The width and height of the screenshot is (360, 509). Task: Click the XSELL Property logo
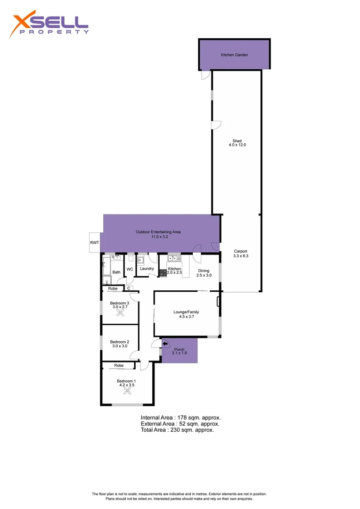pyautogui.click(x=50, y=24)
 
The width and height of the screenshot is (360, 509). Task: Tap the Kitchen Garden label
pyautogui.click(x=234, y=55)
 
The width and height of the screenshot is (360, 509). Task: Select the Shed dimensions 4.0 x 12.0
pyautogui.click(x=237, y=145)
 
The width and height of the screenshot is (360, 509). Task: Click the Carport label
pyautogui.click(x=240, y=251)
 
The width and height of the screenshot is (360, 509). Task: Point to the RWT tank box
pyautogui.click(x=94, y=242)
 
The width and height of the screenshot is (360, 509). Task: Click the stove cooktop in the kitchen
pyautogui.click(x=163, y=273)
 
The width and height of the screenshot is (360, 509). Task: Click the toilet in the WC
pyautogui.click(x=131, y=258)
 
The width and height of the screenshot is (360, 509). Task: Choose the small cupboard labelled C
pyautogui.click(x=128, y=288)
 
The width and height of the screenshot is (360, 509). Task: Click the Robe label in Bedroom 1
pyautogui.click(x=119, y=365)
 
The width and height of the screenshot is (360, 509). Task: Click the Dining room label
pyautogui.click(x=204, y=271)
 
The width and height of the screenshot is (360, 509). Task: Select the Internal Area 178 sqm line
pyautogui.click(x=180, y=418)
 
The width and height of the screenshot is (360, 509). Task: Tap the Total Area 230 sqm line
pyautogui.click(x=177, y=430)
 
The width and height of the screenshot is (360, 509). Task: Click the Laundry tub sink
pyautogui.click(x=141, y=260)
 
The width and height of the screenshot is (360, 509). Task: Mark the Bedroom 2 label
pyautogui.click(x=120, y=342)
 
